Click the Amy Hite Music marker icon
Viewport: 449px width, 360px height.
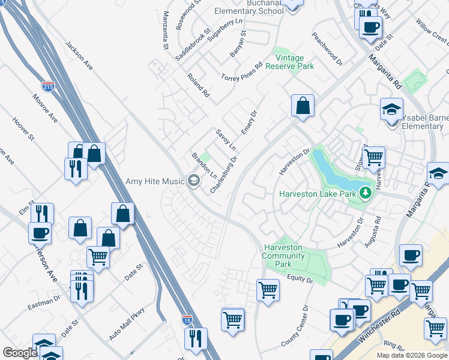point(194,180)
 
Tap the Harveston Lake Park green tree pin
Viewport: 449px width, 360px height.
point(364,193)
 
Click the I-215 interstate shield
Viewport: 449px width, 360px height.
point(48,88)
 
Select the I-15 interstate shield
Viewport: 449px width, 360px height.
point(187,320)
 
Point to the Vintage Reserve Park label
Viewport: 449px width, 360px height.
point(289,62)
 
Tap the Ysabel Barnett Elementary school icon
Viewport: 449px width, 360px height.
point(391,111)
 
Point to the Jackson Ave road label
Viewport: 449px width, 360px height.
point(79,56)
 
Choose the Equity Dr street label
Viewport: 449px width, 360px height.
point(300,279)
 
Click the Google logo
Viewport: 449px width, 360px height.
point(20,353)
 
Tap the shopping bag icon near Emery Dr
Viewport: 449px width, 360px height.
point(303,106)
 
